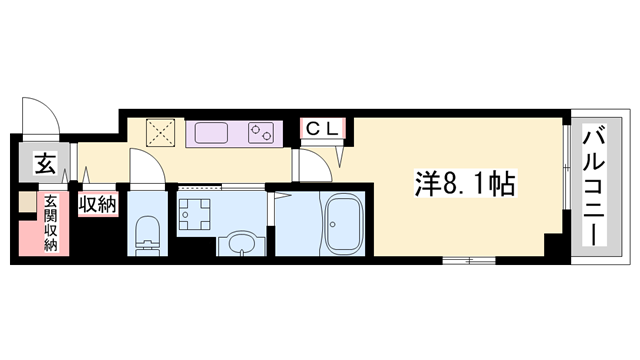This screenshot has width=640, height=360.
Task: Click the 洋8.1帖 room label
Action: [466, 183]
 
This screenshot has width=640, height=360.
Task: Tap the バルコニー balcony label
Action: [593, 187]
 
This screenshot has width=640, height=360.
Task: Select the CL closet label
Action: [322, 129]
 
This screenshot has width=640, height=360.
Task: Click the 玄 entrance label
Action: [45, 163]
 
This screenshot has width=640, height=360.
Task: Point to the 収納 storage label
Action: [98, 204]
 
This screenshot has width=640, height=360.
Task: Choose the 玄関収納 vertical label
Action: [50, 223]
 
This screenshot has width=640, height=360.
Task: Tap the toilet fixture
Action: [147, 236]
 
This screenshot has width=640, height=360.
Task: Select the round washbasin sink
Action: [242, 243]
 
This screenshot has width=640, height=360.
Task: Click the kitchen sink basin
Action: [211, 133]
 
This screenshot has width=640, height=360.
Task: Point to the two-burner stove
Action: [261, 133]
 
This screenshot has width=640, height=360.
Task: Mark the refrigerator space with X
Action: [160, 132]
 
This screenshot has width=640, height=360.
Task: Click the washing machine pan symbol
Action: [194, 214]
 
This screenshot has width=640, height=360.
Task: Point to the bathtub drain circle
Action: [333, 224]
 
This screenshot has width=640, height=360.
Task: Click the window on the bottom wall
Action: [469, 260]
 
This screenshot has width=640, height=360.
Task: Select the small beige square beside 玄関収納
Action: [27, 202]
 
